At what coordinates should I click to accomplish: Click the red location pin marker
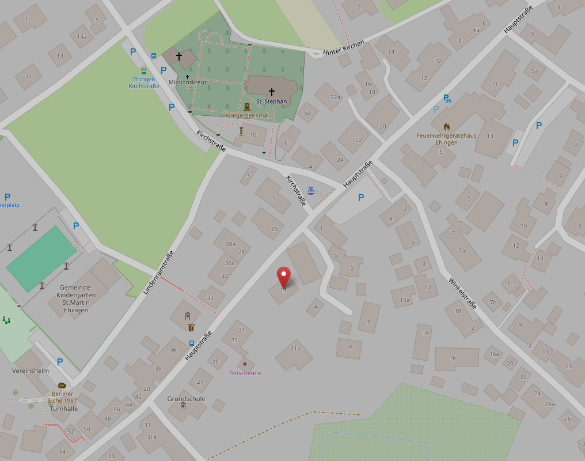pyautogui.click(x=283, y=277)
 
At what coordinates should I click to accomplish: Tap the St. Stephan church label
pyautogui.click(x=271, y=101)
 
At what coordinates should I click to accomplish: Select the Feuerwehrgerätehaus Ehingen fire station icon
pyautogui.click(x=447, y=127)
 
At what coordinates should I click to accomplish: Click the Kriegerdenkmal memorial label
pyautogui.click(x=247, y=115)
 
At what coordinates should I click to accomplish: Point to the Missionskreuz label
pyautogui.click(x=187, y=82)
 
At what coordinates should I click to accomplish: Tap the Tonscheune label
pyautogui.click(x=245, y=373)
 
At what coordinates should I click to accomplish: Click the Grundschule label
pyautogui.click(x=186, y=399)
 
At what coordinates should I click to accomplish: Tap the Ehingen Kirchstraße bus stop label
pyautogui.click(x=143, y=82)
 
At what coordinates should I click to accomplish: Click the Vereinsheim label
pyautogui.click(x=31, y=371)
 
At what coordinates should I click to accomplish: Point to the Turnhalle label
pyautogui.click(x=63, y=409)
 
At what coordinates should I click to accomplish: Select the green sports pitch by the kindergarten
pyautogui.click(x=41, y=258)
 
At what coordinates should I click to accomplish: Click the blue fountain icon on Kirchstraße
pyautogui.click(x=312, y=190)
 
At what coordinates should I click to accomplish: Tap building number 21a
pyautogui.click(x=295, y=348)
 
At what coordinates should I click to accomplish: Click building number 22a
pyautogui.click(x=335, y=97)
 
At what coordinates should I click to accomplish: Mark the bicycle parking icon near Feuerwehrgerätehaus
pyautogui.click(x=447, y=99)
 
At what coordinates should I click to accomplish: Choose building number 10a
pyautogui.click(x=404, y=299)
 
